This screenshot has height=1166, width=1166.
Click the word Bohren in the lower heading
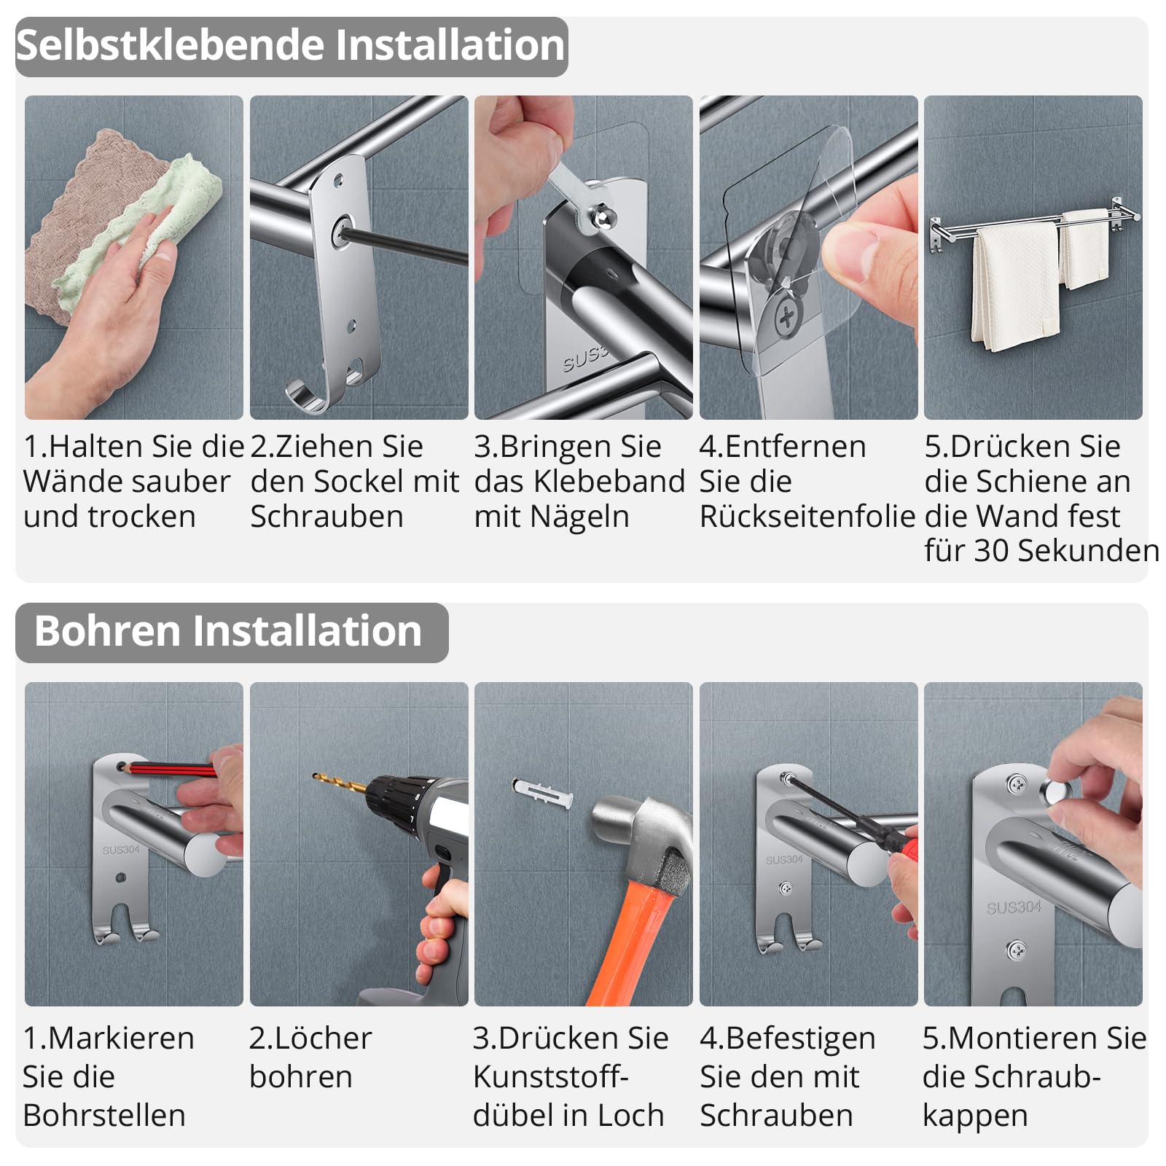(x=106, y=631)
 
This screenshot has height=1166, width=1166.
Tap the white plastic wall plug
(x=541, y=792)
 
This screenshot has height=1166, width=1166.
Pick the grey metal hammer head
(x=641, y=838)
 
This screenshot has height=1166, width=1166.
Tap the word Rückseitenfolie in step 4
(x=807, y=517)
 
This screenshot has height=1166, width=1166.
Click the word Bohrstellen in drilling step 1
(x=104, y=1116)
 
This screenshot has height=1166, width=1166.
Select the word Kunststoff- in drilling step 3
(x=551, y=1077)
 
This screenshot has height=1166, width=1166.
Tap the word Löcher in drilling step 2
(x=310, y=1038)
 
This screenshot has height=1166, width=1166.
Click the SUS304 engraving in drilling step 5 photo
(x=1014, y=908)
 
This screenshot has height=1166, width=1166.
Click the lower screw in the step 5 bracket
(x=1016, y=950)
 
